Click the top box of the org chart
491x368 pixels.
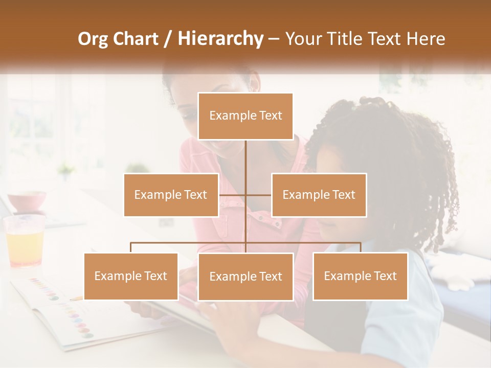pyautogui.click(x=245, y=116)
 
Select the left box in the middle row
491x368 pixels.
pyautogui.click(x=171, y=195)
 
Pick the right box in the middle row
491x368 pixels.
pyautogui.click(x=319, y=195)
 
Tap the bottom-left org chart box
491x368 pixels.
pyautogui.click(x=131, y=276)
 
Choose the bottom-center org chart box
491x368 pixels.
pyautogui.click(x=245, y=277)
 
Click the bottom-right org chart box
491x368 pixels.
pyautogui.click(x=360, y=276)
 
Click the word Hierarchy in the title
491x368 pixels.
pyautogui.click(x=220, y=39)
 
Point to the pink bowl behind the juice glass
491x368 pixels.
pyautogui.click(x=27, y=201)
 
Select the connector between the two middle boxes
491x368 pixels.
pyautogui.click(x=245, y=195)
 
